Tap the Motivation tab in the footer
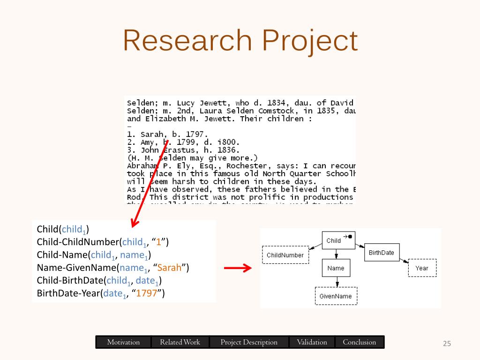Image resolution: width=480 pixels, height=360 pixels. point(123,342)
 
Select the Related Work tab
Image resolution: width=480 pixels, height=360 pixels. point(180,342)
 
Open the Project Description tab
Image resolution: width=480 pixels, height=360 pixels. point(249,342)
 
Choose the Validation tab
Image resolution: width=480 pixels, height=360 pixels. point(312,342)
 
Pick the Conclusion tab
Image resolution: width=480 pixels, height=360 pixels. point(359,342)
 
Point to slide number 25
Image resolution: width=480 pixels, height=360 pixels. point(447,344)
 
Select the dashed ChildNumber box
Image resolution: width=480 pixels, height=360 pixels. point(285,255)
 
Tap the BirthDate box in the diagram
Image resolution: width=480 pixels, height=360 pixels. point(382,253)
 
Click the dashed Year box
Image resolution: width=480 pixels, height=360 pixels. point(421,268)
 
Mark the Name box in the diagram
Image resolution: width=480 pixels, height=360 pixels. point(336,268)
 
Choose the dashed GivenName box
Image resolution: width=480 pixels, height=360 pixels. point(336,296)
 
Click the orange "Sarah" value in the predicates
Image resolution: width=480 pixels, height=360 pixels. point(169,268)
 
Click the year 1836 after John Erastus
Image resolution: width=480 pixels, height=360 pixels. point(228,150)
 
